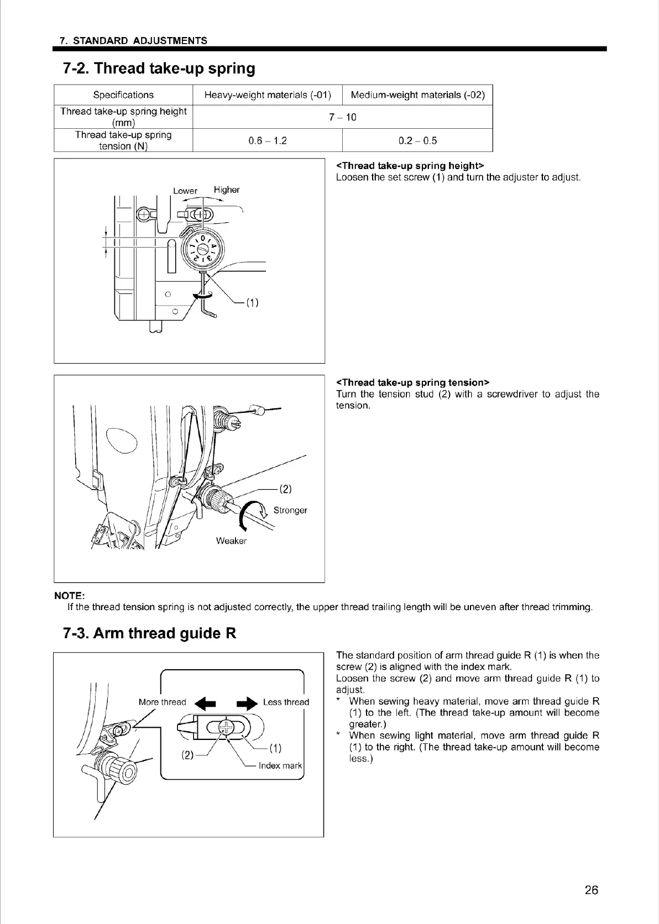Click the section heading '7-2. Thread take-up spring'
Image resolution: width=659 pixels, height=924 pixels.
tap(159, 69)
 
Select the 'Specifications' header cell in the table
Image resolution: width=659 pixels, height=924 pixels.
tap(123, 95)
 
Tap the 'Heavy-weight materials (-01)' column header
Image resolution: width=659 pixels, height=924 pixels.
tap(268, 95)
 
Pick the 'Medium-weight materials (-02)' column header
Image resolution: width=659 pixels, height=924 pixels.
tap(417, 95)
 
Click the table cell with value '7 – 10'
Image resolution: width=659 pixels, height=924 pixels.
tap(343, 117)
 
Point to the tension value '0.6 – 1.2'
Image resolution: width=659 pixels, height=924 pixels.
tap(268, 140)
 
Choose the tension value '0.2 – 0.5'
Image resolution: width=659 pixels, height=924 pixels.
tap(417, 140)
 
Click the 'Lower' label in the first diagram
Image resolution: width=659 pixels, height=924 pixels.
tap(185, 191)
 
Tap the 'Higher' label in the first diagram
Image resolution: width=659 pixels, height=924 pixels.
tap(227, 190)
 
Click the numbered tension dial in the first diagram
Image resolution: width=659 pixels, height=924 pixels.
tap(203, 248)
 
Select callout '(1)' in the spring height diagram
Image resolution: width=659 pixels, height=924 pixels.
tap(252, 302)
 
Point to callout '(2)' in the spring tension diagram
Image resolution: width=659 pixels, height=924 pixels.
tap(285, 489)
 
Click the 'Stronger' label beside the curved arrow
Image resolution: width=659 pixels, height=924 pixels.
tap(290, 510)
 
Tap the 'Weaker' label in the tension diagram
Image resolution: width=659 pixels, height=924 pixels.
tap(231, 541)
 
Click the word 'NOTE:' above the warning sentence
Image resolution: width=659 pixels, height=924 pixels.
tap(69, 596)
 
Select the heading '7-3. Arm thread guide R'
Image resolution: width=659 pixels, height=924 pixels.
tap(150, 633)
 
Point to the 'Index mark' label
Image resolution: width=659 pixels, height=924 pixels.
tap(280, 766)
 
